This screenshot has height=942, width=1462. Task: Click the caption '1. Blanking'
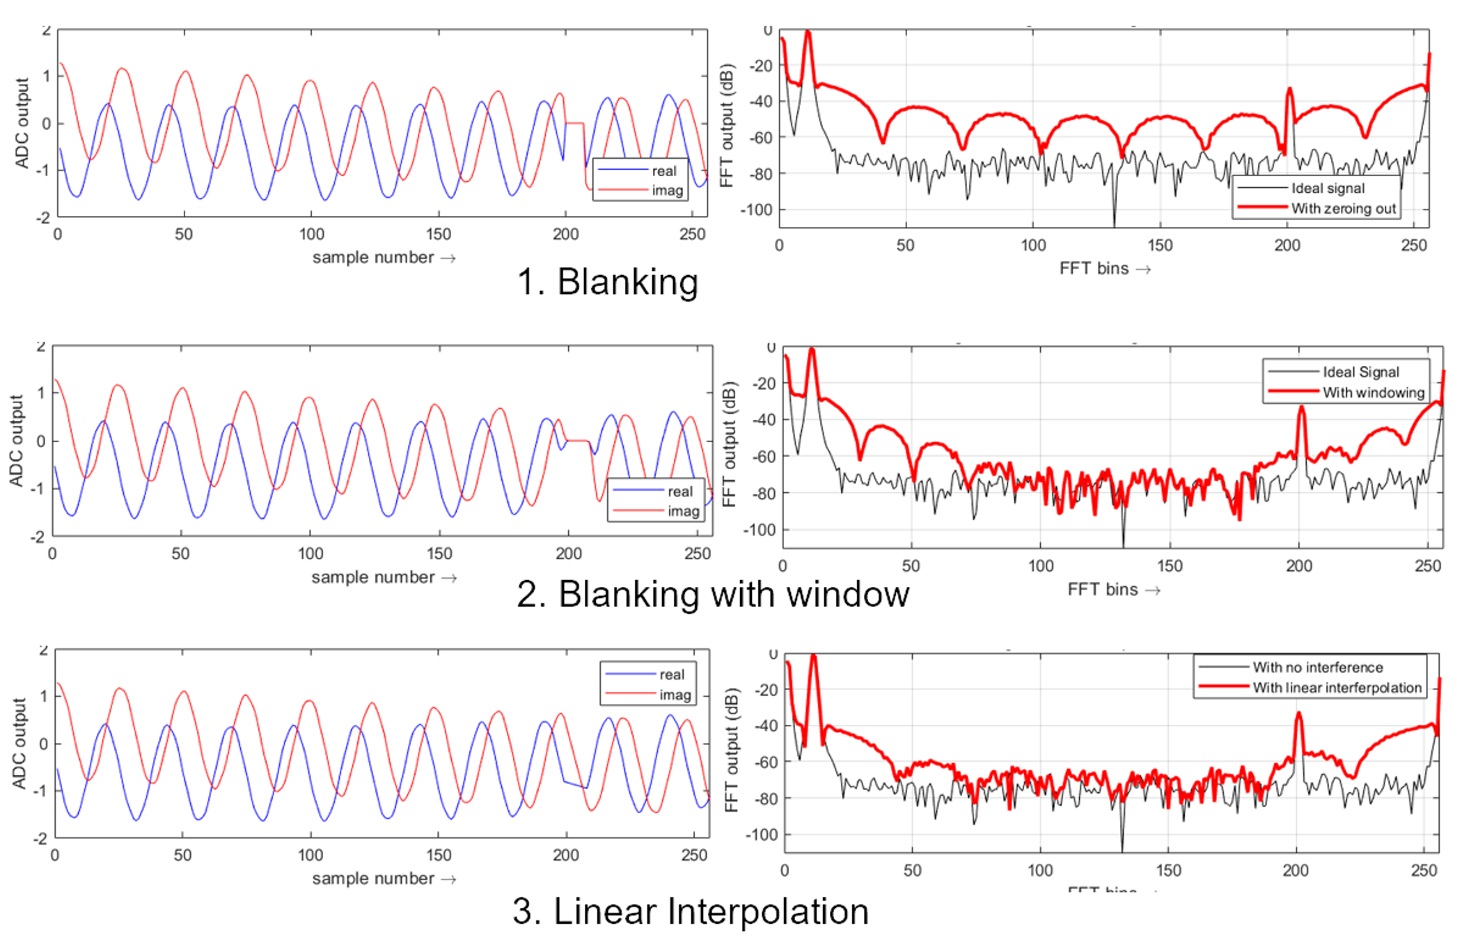point(607,282)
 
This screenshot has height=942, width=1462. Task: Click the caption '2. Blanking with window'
point(712,595)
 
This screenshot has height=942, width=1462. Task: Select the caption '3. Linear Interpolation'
point(690,911)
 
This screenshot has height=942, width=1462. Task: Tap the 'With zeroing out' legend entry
point(1343,208)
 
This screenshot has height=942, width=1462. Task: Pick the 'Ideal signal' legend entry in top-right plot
point(1328,188)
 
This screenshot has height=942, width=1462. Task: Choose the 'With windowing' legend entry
point(1373,393)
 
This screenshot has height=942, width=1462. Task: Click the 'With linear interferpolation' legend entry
point(1337,688)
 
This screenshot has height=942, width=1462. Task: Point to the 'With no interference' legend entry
point(1317,667)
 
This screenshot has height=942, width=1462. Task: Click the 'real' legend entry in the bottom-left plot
point(671,675)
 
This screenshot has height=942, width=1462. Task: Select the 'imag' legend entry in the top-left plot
point(667,190)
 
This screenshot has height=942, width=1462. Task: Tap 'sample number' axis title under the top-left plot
point(373,258)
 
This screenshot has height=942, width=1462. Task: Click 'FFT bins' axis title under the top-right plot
point(1094,269)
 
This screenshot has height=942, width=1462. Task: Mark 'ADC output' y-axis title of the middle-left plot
point(15,440)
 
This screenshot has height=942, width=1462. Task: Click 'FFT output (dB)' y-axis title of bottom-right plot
point(730,750)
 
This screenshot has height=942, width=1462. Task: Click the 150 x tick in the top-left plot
point(439,235)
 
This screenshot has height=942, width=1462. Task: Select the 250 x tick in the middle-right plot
point(1428,566)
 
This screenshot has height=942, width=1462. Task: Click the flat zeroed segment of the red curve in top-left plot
point(574,123)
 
